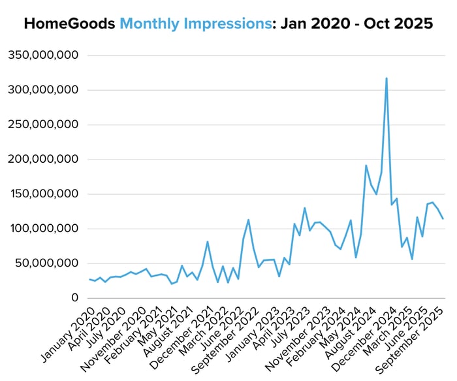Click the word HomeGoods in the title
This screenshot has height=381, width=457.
point(71,24)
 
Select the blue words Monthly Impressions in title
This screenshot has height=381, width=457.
point(195,24)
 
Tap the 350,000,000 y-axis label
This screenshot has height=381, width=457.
point(43,55)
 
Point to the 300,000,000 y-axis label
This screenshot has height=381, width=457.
point(43,90)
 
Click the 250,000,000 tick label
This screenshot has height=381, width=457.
point(43,124)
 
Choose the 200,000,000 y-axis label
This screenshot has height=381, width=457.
point(43,159)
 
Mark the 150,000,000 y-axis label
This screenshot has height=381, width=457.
point(43,194)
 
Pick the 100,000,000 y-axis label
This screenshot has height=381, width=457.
point(43,229)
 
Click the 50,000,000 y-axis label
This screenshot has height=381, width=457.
point(46,263)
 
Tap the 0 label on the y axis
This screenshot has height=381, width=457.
point(75,298)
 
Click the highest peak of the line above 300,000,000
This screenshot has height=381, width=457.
point(386,78)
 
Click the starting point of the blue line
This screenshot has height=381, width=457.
point(89,280)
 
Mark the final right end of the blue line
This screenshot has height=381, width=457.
point(443,219)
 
